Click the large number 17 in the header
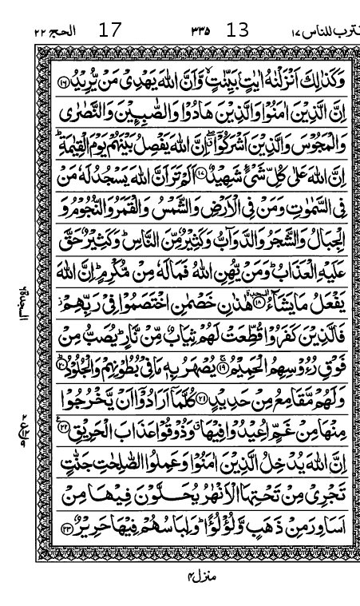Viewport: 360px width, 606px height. [110, 31]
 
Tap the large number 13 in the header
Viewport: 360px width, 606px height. [238, 31]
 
